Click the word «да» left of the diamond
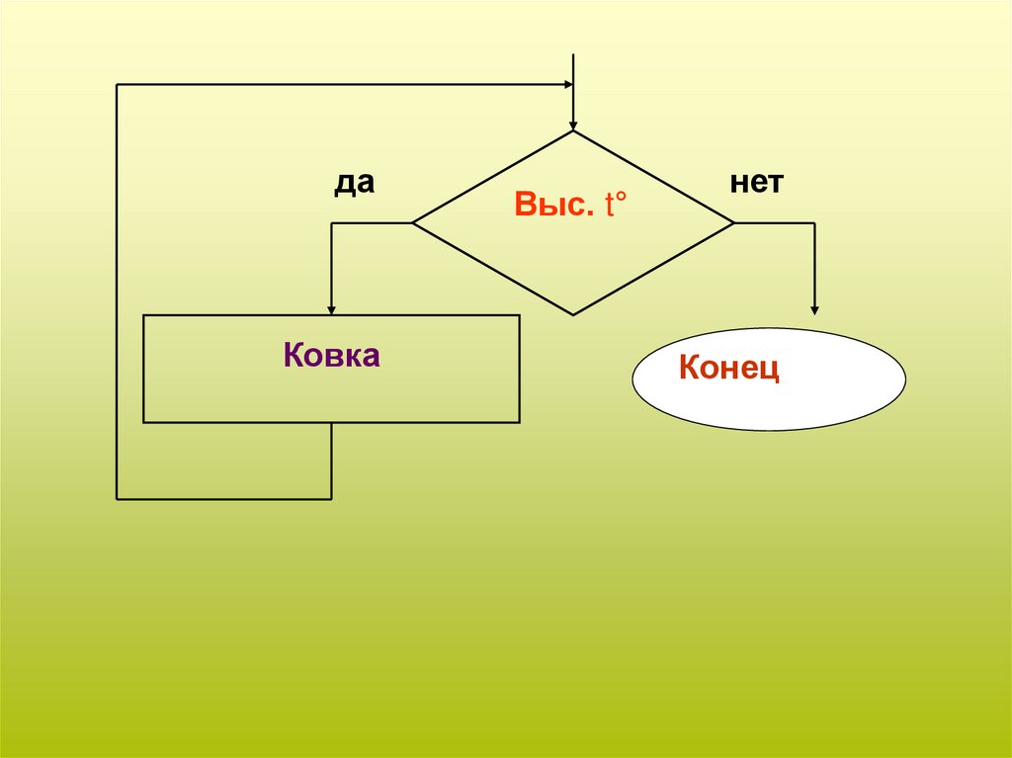pos(353,184)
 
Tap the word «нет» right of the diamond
pos(757,184)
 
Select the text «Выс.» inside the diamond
pos(553,206)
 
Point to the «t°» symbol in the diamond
pos(618,206)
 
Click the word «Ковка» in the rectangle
pos(331,356)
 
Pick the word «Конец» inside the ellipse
pos(729,369)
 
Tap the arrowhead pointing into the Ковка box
pos(331,307)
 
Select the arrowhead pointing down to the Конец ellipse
pos(814,307)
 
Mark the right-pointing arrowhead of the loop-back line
pos(567,85)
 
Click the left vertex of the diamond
pos(412,223)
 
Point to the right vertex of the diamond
pos(734,223)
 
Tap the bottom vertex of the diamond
pos(573,315)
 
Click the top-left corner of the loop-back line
pos(117,85)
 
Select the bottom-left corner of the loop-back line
pos(117,499)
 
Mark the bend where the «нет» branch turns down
pos(814,223)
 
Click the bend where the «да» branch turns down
pos(331,223)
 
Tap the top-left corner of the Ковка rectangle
pos(143,315)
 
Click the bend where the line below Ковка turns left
pos(331,499)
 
